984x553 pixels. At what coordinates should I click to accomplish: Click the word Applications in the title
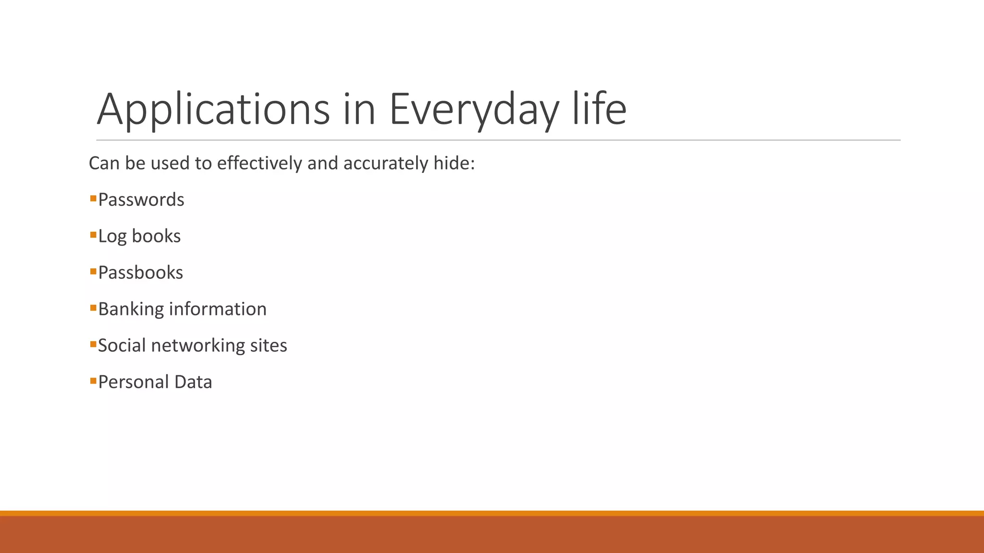213,109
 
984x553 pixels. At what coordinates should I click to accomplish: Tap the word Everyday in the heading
474,109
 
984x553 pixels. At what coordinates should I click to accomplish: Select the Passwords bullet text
141,200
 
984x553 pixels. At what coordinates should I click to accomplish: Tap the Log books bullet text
139,236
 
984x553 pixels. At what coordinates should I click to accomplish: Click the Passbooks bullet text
141,273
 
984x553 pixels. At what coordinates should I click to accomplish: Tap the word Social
122,346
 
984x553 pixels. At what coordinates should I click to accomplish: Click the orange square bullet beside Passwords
93,198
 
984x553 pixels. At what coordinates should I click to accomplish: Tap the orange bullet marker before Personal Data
93,381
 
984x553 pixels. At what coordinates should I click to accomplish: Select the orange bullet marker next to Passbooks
93,271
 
